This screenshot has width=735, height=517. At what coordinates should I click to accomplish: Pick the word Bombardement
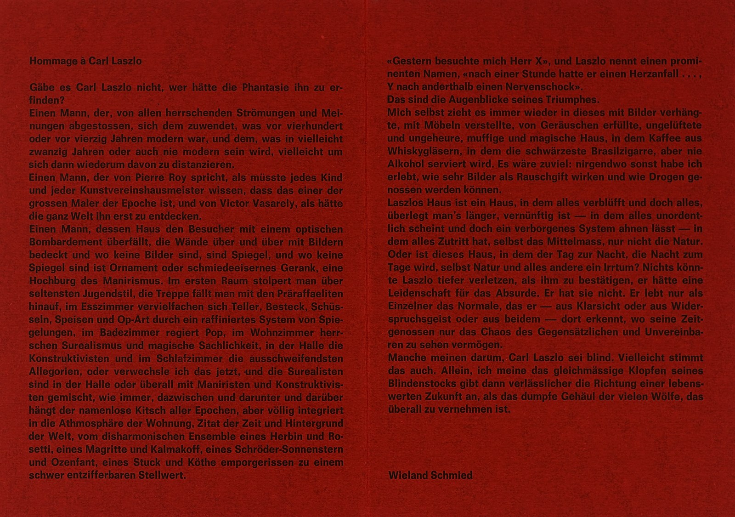click(x=59, y=242)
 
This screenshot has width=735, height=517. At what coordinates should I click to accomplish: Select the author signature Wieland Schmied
click(x=430, y=475)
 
